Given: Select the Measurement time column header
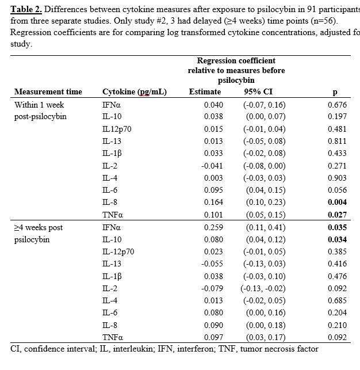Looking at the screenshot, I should (x=48, y=92).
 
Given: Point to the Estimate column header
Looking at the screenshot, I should (x=205, y=92).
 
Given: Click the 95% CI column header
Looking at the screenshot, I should (x=256, y=92).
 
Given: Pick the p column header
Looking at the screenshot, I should (x=335, y=92).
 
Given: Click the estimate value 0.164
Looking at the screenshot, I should (x=213, y=203).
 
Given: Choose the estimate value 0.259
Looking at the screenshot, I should (x=213, y=228).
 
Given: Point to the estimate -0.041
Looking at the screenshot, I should (x=212, y=166).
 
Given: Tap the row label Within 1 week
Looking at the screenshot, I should (x=39, y=105).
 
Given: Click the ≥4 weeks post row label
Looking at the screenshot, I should (x=39, y=228).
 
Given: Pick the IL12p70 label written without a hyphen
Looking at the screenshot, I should (x=117, y=129).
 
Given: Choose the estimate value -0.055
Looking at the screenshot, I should (x=212, y=264).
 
